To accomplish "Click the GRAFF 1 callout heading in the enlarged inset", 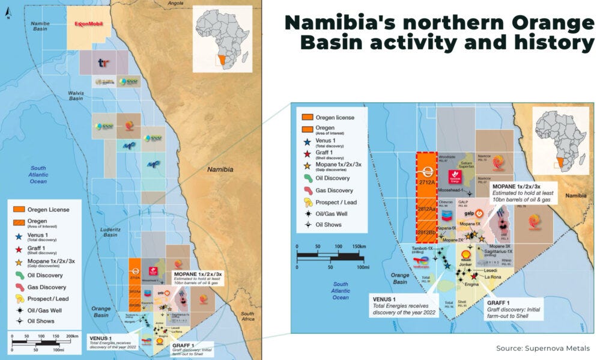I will coord(498,303).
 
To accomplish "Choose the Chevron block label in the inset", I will coord(446,203).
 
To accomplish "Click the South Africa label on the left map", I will coord(247,317).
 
